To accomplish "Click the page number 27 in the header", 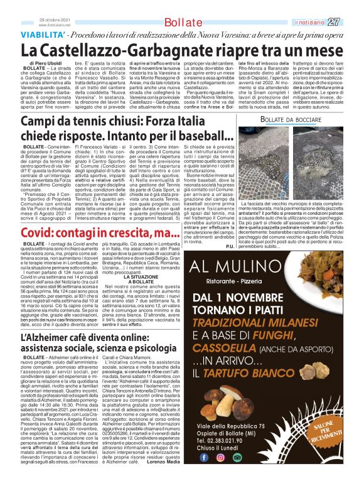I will pyautogui.click(x=352, y=22).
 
